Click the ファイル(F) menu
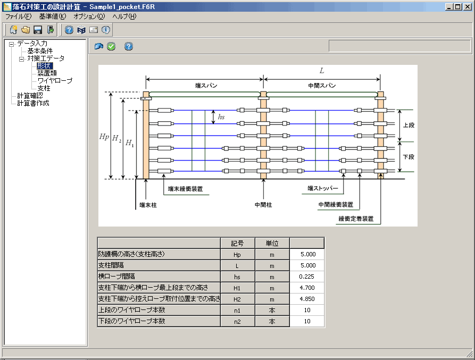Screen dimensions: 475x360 tap(18, 16)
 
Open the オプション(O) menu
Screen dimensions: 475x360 tap(89, 16)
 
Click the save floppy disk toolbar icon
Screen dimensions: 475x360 tap(38, 30)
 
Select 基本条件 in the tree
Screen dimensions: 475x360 tap(40, 51)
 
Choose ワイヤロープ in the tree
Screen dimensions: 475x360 tap(55, 80)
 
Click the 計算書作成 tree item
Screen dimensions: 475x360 tap(33, 103)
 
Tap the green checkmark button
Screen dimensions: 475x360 tap(111, 46)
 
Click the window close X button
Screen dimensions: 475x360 tap(468, 7)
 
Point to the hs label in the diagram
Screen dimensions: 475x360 tap(221, 117)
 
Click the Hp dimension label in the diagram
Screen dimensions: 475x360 tap(104, 137)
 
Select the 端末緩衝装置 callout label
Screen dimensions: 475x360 tap(186, 189)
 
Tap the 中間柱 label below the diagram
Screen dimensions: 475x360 tap(263, 205)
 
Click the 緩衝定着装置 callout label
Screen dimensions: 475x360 tap(356, 219)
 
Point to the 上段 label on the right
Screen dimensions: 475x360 tap(409, 125)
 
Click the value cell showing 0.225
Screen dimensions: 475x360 tap(307, 277)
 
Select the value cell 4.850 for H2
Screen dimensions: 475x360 tap(307, 299)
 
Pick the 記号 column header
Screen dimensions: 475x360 tap(237, 243)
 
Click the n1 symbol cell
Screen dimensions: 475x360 tap(237, 310)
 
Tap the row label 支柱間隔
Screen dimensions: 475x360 tap(111, 265)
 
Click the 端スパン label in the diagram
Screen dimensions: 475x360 tap(206, 86)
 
